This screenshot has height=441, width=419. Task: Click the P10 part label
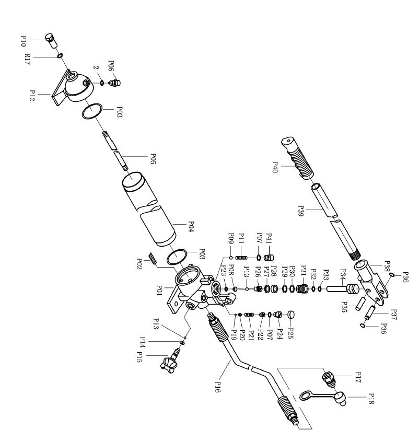(24, 41)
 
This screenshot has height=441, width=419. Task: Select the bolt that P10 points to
(51, 41)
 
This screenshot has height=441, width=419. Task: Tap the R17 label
(27, 60)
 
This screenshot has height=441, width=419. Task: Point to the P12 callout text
(32, 96)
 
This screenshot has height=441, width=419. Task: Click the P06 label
(111, 66)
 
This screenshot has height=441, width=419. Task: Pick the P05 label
(153, 159)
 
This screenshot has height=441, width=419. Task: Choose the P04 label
(191, 227)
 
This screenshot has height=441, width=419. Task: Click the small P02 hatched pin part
(153, 258)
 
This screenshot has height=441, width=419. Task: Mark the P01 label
(159, 291)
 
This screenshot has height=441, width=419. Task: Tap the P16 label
(218, 387)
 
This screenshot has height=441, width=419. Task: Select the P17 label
(358, 377)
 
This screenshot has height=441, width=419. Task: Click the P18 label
(371, 399)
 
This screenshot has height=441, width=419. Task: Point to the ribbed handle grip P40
(297, 158)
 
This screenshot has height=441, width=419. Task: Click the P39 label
(300, 211)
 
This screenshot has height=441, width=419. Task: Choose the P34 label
(343, 274)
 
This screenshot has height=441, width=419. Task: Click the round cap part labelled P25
(291, 315)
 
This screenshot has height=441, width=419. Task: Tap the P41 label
(269, 238)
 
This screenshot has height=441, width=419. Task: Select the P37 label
(393, 315)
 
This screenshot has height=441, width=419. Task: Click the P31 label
(304, 271)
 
